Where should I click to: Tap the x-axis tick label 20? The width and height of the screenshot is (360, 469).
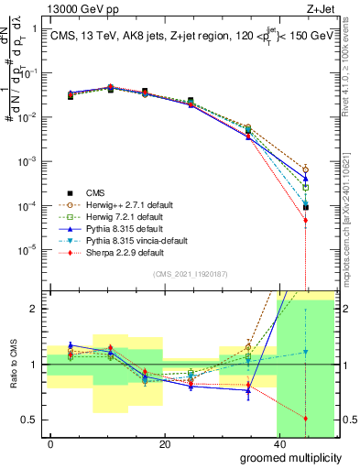tap(164, 444)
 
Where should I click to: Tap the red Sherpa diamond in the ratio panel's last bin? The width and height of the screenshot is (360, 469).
tap(306, 419)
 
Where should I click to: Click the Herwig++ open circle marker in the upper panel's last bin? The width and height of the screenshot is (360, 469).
tap(306, 169)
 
